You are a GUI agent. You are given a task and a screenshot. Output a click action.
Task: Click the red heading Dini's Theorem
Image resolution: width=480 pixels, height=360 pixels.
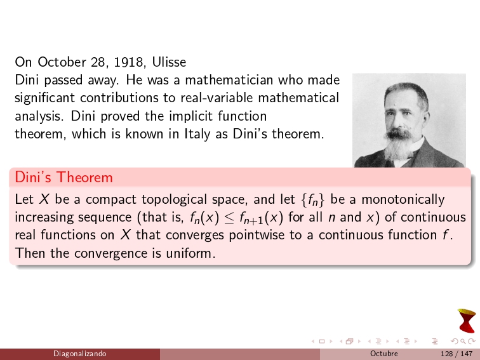(63, 177)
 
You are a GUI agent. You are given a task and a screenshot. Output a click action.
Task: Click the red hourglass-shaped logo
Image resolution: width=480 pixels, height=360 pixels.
(467, 321)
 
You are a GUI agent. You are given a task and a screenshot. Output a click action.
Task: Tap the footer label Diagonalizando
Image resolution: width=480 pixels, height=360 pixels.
(79, 354)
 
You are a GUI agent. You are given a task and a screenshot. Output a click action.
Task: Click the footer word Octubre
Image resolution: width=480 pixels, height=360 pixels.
(383, 354)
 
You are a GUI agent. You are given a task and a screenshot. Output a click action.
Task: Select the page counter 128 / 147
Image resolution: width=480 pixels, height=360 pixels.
(452, 354)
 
